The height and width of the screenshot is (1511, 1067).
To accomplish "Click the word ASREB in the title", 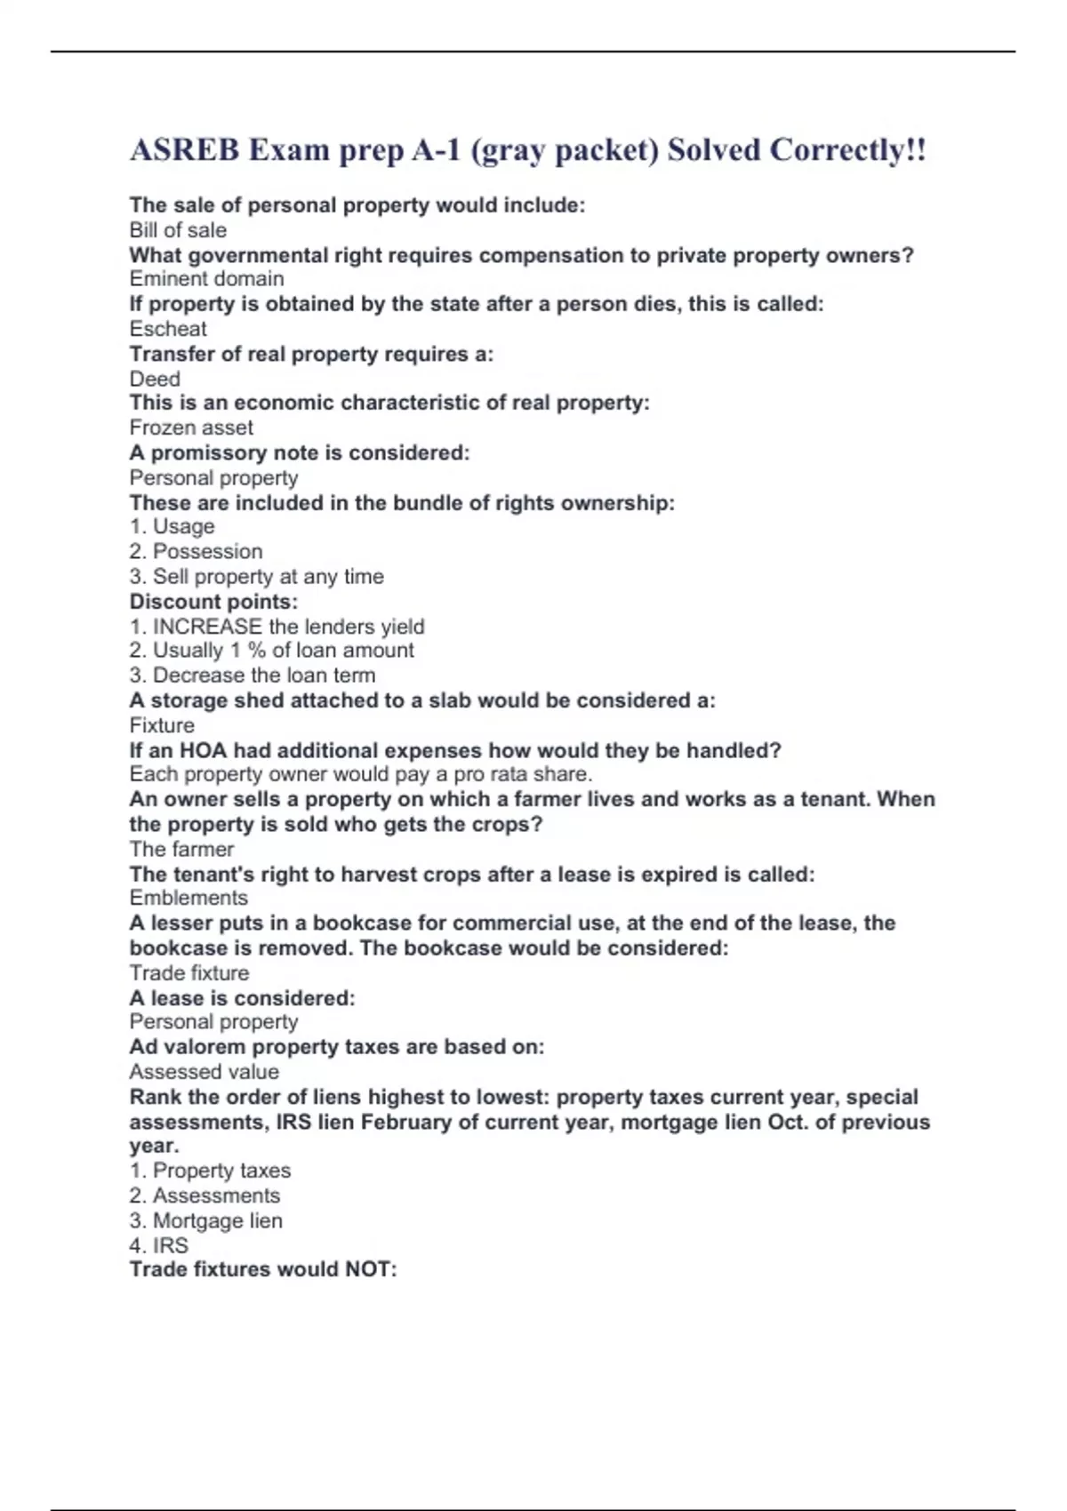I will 184,149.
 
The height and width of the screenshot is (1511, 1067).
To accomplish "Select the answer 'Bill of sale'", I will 178,230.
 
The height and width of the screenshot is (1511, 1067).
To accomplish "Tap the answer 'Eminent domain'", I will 206,279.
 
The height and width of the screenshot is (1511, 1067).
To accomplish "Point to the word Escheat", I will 168,329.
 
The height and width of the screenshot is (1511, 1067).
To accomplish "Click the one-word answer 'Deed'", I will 155,379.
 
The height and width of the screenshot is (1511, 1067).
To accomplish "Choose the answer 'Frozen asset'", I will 191,428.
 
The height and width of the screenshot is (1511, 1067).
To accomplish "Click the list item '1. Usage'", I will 172,526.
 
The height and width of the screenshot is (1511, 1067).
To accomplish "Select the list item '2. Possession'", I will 196,551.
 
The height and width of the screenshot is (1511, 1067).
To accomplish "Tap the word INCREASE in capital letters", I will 207,627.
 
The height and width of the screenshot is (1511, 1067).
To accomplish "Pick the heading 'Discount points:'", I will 213,602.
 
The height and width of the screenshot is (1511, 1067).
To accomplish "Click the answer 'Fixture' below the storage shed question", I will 162,725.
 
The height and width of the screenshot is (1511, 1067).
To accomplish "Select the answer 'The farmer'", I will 181,849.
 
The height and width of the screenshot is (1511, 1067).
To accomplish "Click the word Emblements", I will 189,898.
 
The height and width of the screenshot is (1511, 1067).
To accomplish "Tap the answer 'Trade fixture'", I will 189,972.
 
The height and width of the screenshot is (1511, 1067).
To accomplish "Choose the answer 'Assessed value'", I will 204,1072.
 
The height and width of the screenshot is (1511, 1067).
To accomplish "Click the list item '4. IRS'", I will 158,1245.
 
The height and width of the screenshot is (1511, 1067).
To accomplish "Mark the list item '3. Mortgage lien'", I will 205,1220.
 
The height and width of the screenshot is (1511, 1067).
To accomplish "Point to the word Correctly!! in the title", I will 847,149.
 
